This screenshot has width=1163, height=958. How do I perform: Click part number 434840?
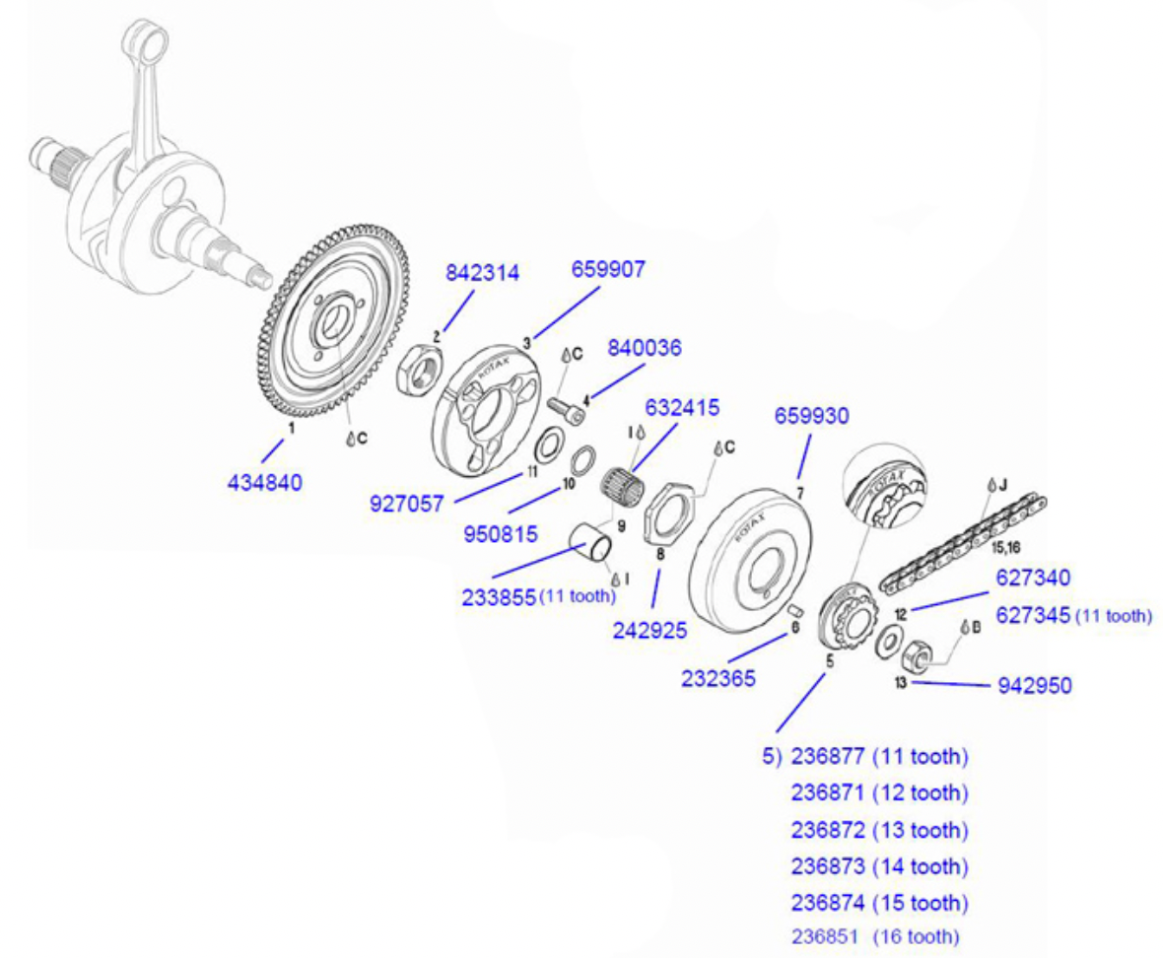point(265,482)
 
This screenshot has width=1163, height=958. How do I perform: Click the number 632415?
point(682,407)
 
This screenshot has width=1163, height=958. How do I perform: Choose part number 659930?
point(812,416)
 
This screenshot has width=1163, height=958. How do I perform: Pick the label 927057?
point(406,502)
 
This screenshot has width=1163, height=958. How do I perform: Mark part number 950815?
point(501,535)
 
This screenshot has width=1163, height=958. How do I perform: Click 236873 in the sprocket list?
point(831,866)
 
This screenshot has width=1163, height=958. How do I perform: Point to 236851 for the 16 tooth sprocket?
point(831,936)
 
